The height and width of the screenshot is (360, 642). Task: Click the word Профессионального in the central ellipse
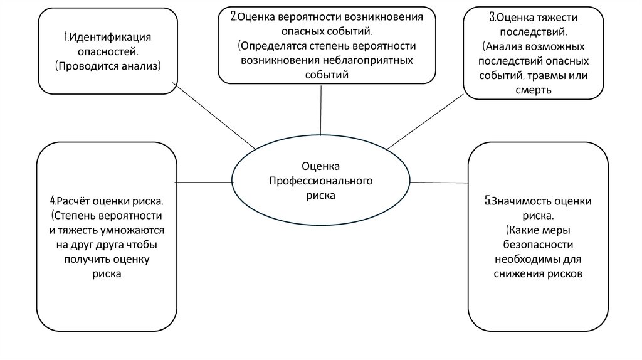321,181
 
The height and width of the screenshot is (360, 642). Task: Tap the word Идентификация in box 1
108,38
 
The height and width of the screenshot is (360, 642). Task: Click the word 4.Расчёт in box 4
71,201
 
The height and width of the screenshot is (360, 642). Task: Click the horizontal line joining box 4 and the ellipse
203,182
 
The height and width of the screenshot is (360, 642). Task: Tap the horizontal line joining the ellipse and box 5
439,183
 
